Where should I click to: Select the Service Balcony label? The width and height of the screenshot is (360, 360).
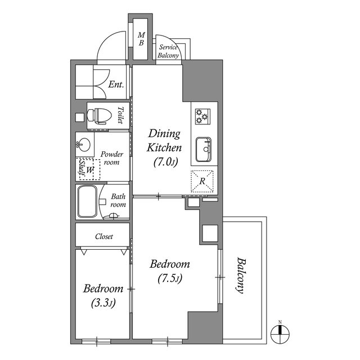click(x=168, y=52)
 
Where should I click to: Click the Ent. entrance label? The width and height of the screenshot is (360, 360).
click(x=116, y=85)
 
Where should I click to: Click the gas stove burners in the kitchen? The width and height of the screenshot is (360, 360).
click(x=202, y=116)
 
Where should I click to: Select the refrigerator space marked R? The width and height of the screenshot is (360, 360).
click(x=202, y=180)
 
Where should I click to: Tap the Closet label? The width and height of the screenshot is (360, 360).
click(x=103, y=237)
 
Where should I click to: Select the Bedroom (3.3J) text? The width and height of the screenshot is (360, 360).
click(x=103, y=296)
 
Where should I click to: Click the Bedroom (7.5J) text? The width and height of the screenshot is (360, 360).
click(x=169, y=271)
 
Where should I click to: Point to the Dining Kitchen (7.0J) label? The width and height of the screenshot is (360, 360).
click(x=164, y=148)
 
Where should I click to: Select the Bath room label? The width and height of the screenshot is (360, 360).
click(x=118, y=201)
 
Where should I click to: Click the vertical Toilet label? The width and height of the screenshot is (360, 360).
click(x=120, y=115)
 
